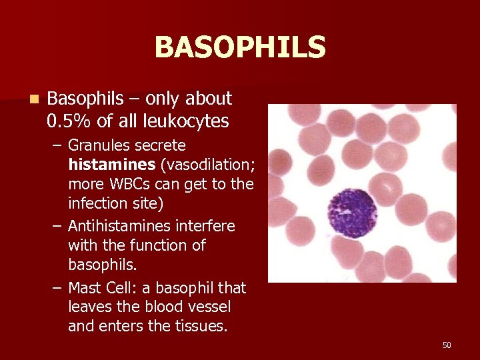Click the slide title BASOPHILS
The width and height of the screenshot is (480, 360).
click(x=240, y=48)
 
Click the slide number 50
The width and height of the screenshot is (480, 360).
click(x=447, y=345)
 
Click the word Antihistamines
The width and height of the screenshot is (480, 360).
click(x=119, y=226)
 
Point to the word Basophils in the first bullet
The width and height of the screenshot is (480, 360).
click(x=85, y=99)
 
